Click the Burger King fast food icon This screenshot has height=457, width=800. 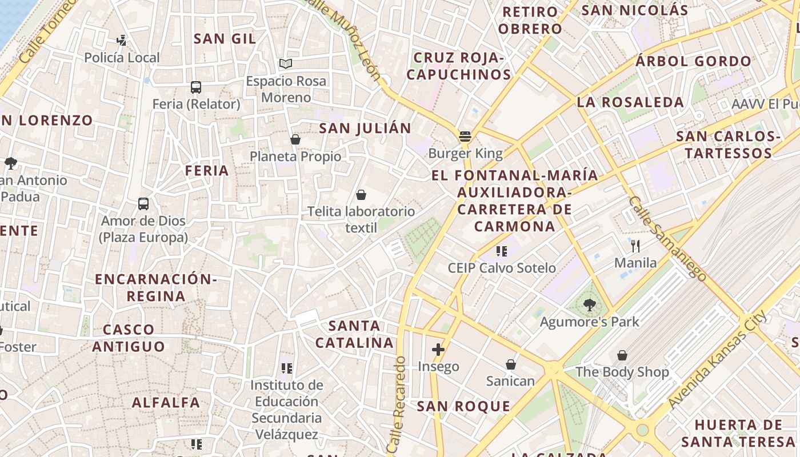(x=465, y=137)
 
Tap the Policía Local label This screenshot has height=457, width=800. (x=122, y=58)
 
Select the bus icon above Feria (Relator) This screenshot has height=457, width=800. (x=196, y=87)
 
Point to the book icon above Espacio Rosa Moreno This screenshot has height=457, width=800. (x=286, y=63)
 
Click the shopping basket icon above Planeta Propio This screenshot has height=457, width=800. (x=295, y=139)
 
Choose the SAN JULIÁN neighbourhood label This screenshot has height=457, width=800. (x=365, y=129)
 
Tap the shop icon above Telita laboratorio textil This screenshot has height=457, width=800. (x=361, y=195)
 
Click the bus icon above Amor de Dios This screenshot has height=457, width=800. (x=143, y=204)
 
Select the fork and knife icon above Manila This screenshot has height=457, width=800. (x=635, y=246)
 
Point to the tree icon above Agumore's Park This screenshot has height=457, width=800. (x=590, y=305)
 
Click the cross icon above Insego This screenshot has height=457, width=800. (x=438, y=350)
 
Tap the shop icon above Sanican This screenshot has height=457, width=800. (x=511, y=364)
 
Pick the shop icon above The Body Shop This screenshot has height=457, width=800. (x=622, y=356)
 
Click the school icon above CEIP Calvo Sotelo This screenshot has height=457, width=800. (x=502, y=251)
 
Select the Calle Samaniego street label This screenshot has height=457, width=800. (x=667, y=238)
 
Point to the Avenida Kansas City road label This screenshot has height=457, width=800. (x=718, y=360)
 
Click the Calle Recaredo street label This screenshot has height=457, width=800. (x=398, y=406)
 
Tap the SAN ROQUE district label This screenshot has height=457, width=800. (x=463, y=407)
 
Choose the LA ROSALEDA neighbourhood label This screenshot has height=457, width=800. (x=630, y=102)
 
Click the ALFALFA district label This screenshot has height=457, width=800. (x=166, y=403)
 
